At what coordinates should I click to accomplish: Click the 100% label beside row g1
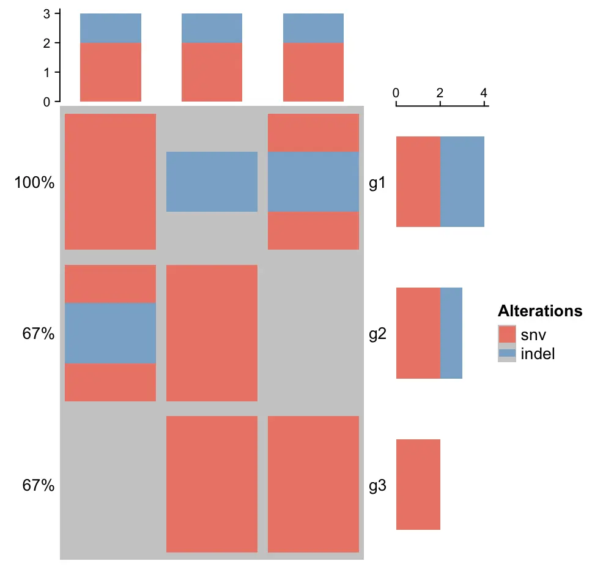35,182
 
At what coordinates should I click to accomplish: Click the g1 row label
377,182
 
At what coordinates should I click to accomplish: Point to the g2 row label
377,334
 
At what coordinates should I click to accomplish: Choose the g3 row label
377,486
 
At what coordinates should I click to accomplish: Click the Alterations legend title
540,311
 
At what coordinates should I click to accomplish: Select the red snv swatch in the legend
508,335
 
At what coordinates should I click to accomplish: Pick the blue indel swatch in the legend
508,353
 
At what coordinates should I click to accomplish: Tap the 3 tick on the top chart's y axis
47,13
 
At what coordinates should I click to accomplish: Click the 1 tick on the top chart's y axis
47,72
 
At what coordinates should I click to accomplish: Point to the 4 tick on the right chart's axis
484,93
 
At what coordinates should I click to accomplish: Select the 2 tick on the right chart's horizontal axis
440,93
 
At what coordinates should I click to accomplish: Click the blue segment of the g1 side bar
462,182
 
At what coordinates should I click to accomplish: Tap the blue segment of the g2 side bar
451,333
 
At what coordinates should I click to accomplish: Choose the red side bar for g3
418,484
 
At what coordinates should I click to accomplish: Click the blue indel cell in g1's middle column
212,182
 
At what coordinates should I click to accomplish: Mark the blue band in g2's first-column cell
110,333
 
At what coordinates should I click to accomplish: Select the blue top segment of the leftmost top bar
111,28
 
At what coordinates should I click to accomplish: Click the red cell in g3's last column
313,484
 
